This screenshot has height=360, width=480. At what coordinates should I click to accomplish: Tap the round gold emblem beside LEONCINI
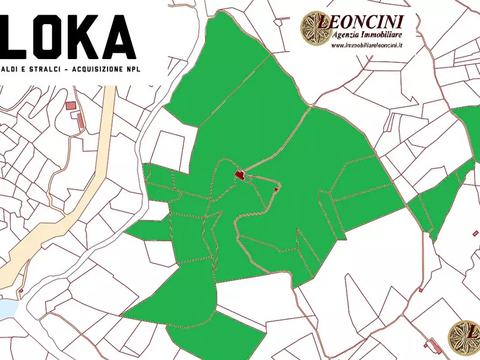pyautogui.click(x=316, y=28)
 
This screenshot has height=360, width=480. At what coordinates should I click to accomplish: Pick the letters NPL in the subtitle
pyautogui.click(x=132, y=70)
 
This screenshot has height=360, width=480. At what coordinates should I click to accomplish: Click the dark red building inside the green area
pyautogui.click(x=239, y=174)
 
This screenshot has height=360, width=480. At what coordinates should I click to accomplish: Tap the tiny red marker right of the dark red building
pyautogui.click(x=276, y=189)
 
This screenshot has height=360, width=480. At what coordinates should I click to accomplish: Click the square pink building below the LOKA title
pyautogui.click(x=70, y=105)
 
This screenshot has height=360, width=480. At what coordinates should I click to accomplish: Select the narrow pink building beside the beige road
pyautogui.click(x=80, y=120)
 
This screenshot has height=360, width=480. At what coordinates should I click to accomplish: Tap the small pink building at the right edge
pyautogui.click(x=475, y=233)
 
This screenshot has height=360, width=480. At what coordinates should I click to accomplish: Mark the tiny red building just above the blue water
pyautogui.click(x=21, y=291)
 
